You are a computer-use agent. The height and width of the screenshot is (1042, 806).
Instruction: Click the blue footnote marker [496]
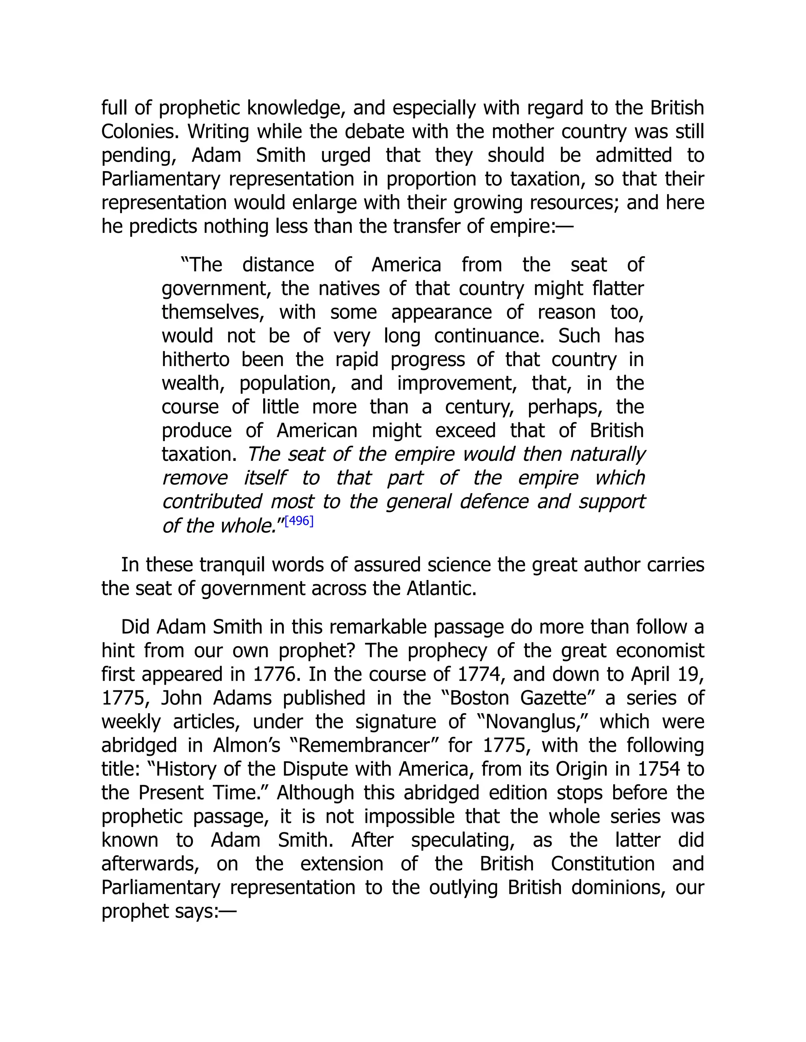click(299, 521)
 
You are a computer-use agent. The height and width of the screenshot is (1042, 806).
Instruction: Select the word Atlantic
click(441, 589)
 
